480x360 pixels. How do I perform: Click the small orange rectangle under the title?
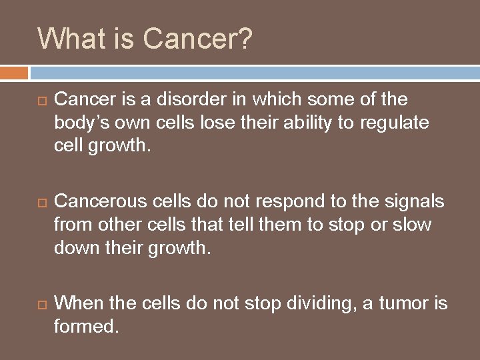coord(14,72)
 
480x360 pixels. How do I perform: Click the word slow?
coord(413,224)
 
